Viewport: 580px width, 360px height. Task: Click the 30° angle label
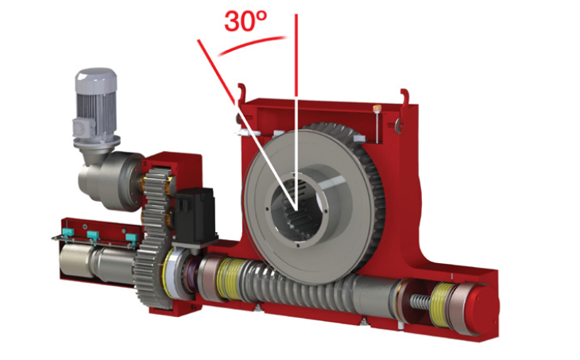246,21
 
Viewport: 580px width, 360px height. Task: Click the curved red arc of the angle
252,44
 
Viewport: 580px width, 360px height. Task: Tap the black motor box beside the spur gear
195,215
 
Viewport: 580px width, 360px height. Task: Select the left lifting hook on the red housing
242,95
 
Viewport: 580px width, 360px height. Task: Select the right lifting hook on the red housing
405,98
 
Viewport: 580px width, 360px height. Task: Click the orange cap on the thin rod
377,108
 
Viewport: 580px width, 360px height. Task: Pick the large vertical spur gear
153,237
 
